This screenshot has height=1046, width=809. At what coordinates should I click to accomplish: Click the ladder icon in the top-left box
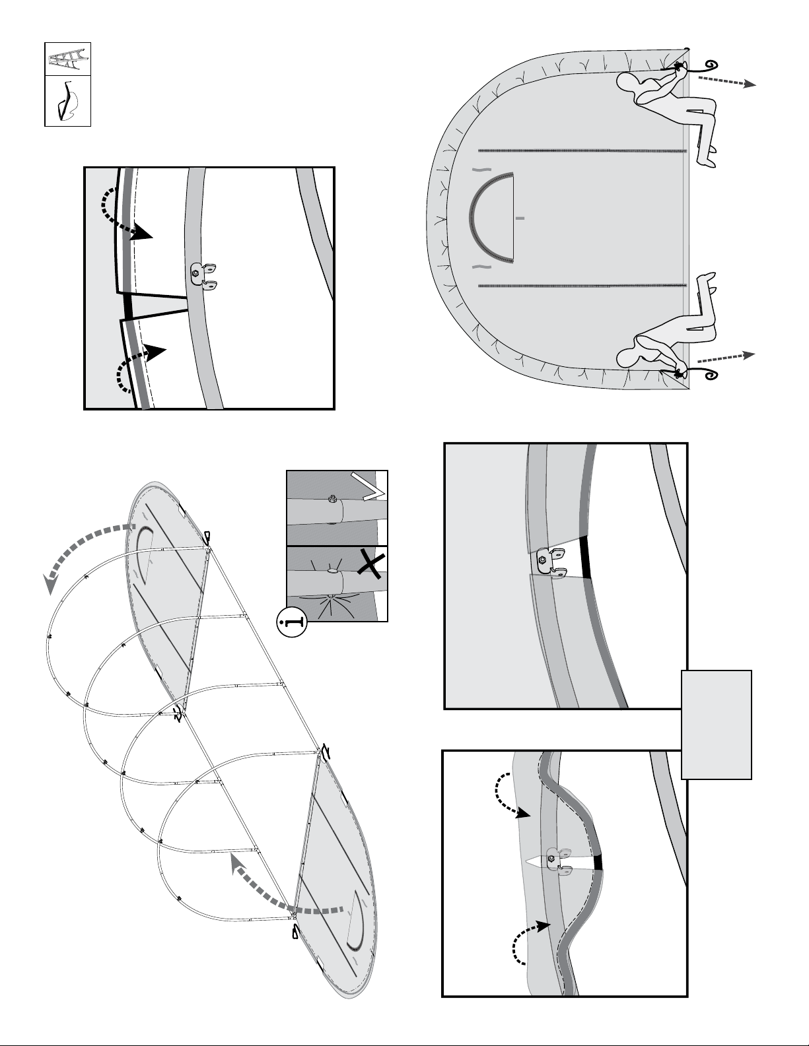pyautogui.click(x=67, y=59)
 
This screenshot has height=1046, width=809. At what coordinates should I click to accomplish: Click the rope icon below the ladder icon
pyautogui.click(x=66, y=101)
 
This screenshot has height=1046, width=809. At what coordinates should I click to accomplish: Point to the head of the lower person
pyautogui.click(x=629, y=356)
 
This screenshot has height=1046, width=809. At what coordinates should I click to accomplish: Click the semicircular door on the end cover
pyautogui.click(x=493, y=217)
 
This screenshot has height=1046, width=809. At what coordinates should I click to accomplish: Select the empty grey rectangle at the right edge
pyautogui.click(x=717, y=724)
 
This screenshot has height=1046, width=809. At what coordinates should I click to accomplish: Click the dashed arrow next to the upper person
pyautogui.click(x=727, y=81)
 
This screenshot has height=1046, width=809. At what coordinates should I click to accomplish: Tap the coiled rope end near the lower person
pyautogui.click(x=711, y=376)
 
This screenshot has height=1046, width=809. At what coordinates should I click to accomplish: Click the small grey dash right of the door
pyautogui.click(x=520, y=217)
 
